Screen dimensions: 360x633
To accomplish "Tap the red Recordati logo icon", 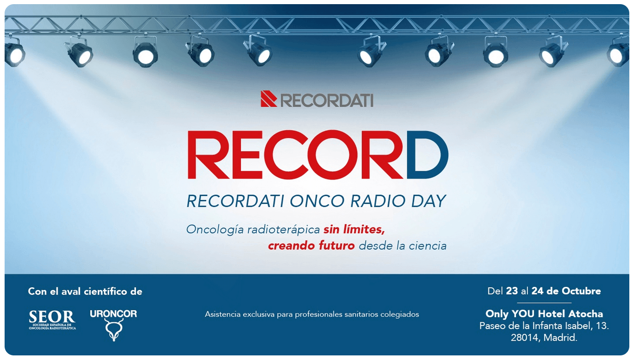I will [269, 99].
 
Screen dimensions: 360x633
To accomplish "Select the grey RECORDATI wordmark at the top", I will [327, 100].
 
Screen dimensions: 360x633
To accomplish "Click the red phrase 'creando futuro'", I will [311, 245].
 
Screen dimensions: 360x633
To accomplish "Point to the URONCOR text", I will [113, 314].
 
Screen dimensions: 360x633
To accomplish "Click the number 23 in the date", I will [512, 291].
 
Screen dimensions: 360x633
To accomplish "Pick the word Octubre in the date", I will [581, 291].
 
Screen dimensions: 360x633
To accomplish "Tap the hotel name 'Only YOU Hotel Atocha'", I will [544, 314].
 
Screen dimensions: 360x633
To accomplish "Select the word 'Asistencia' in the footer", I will [223, 314].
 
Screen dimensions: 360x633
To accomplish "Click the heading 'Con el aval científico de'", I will [85, 291].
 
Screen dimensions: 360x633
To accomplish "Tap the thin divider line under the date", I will [544, 303].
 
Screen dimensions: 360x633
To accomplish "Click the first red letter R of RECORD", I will [207, 155].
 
